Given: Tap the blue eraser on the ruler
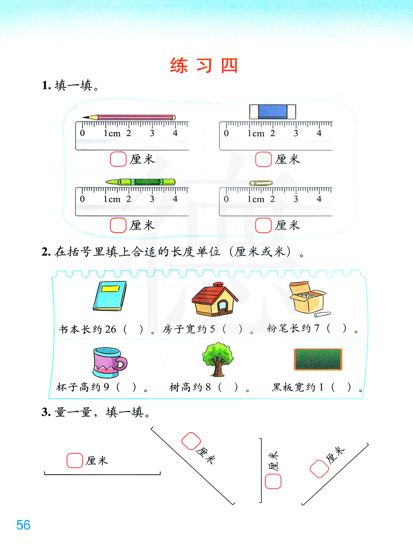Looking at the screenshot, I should coord(273,112).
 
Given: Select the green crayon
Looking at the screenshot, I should coord(140,182).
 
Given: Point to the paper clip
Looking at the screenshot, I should coord(261,183).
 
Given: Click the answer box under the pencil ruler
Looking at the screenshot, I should coord(118,159).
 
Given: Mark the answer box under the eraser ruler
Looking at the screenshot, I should coord(263,159).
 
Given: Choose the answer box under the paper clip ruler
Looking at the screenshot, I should coord(263,225).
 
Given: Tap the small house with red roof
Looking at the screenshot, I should coord(215,299).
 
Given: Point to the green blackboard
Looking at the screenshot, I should coord(318,359).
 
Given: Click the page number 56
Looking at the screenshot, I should coord(23,525).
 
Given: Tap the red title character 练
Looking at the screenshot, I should coord(179,66).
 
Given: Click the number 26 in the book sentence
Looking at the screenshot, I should coord(110,329).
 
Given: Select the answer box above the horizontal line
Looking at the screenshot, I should coord(75,460).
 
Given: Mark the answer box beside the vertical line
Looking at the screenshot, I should coord(273,481).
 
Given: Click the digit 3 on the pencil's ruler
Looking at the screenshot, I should coord(152,133).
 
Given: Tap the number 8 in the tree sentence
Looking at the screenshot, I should coord(208,387).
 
